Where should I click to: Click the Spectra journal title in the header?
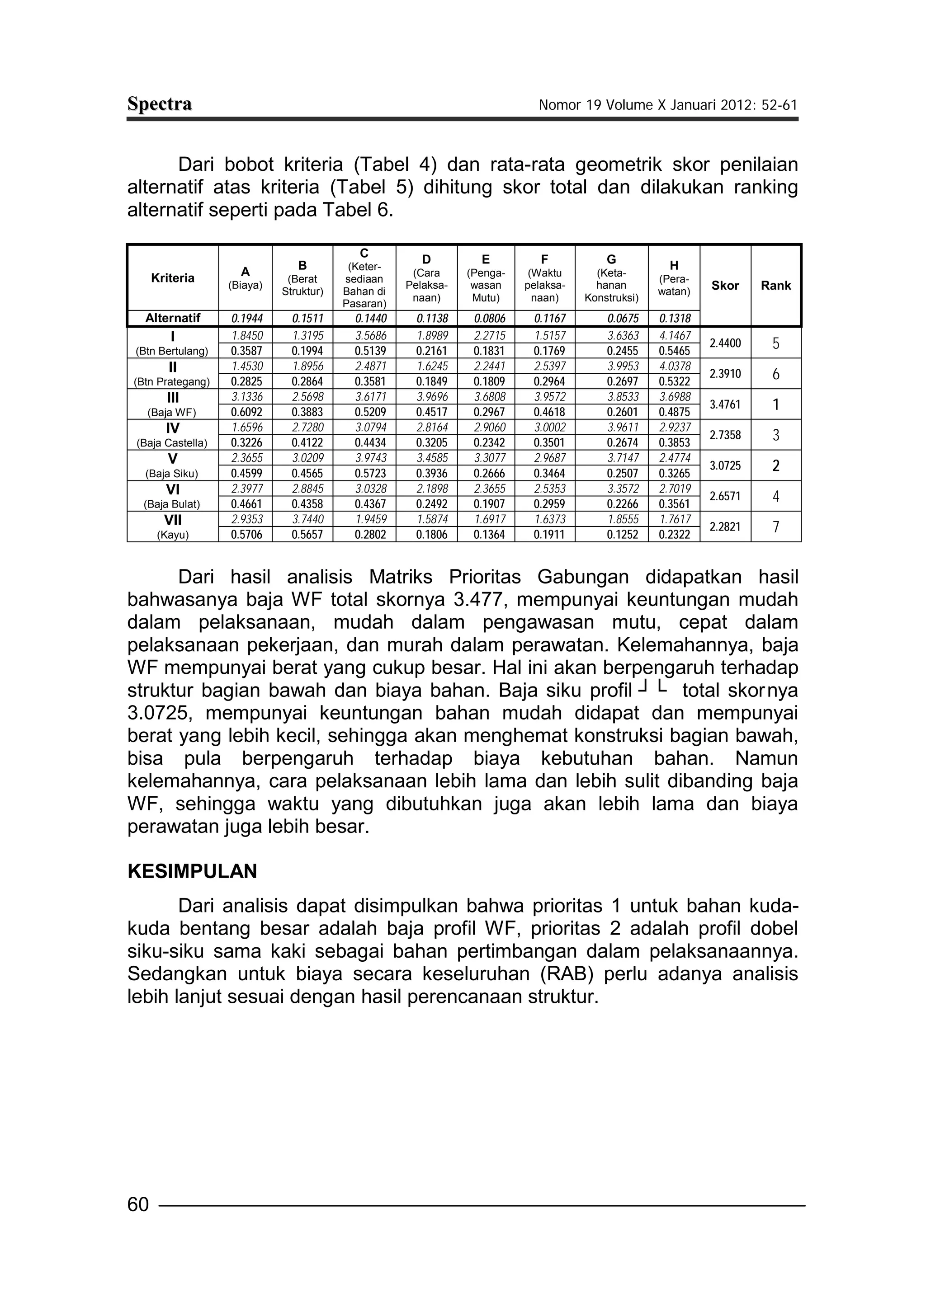(x=159, y=104)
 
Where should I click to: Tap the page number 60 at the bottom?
(x=138, y=1204)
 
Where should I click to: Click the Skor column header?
(x=725, y=286)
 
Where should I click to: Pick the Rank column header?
(x=775, y=286)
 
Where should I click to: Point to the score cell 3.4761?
(x=725, y=404)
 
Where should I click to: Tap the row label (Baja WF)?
(x=172, y=412)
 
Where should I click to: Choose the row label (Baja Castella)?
(x=172, y=443)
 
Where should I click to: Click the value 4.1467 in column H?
(x=675, y=336)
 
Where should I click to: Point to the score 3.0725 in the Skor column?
(x=725, y=465)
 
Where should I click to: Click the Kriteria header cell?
(x=172, y=278)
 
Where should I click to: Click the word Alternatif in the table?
(x=172, y=319)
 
